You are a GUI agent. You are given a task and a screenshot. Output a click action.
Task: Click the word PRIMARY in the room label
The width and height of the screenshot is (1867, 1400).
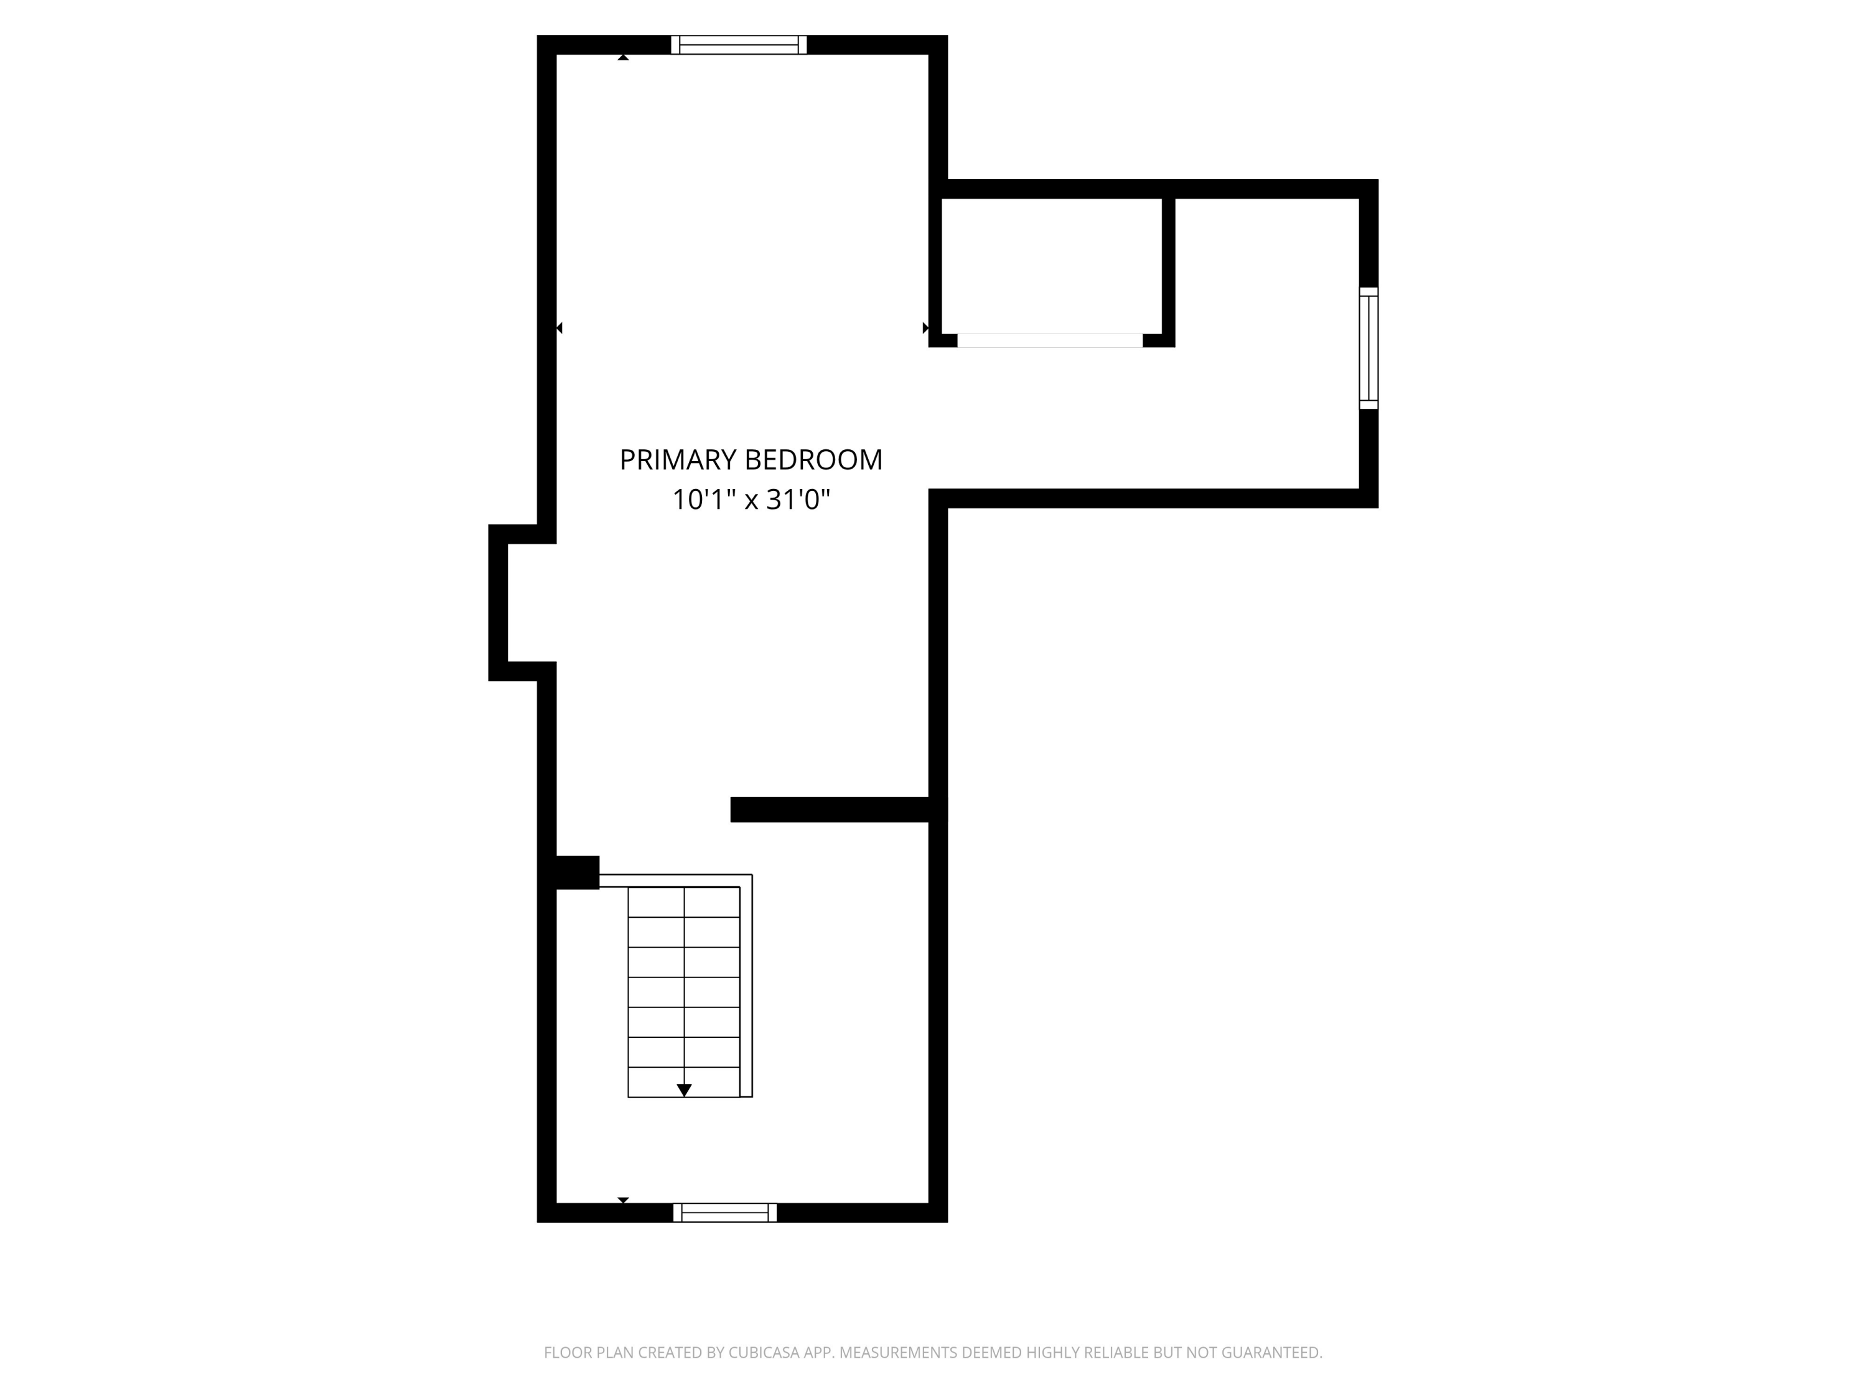coord(678,460)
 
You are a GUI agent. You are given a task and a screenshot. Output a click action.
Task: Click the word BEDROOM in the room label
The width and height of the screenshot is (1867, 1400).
coord(815,460)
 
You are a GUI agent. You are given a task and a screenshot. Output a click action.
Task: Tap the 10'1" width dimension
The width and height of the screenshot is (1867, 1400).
coord(700,500)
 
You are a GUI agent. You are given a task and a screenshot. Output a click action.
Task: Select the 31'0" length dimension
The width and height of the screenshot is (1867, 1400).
coord(798,500)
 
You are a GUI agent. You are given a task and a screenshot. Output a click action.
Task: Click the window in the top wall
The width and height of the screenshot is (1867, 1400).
coord(739,45)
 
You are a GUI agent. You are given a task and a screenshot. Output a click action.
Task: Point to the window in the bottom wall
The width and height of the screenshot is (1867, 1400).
coord(725,1213)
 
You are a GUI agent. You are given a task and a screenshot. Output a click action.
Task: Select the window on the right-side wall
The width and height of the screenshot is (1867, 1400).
coord(1368,348)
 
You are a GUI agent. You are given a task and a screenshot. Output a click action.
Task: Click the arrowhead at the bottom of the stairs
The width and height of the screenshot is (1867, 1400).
coord(685,1090)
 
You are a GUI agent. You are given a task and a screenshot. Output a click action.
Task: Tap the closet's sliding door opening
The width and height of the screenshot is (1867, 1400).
coord(1049,340)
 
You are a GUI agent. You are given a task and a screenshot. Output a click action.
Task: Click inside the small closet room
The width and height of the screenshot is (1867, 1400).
coord(1051,266)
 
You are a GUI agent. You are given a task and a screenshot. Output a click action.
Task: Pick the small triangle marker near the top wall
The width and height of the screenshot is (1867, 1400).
coord(623,57)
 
